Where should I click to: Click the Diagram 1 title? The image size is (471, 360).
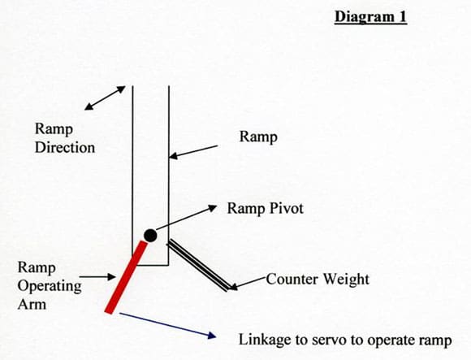(370, 17)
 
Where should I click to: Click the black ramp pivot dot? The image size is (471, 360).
(150, 236)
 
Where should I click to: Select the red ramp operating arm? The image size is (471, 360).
(126, 277)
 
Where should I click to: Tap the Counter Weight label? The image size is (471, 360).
(318, 279)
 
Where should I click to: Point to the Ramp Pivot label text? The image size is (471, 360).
(266, 209)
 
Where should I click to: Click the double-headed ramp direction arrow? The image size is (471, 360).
(105, 98)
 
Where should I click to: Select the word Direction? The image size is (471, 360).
(65, 148)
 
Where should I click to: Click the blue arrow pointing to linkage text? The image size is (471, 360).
(167, 325)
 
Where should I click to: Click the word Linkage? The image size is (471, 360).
(265, 340)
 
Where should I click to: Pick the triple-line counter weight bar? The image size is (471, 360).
(199, 265)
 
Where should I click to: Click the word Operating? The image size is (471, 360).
(50, 286)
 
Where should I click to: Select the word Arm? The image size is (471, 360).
(32, 304)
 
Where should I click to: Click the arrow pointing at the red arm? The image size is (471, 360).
(97, 277)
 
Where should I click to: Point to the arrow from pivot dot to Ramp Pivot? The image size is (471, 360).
(187, 218)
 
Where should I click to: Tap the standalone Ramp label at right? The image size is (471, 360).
(258, 137)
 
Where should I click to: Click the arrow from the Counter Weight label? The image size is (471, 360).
(248, 284)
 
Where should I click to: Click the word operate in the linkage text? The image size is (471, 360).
(388, 340)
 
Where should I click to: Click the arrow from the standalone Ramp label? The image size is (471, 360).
(193, 152)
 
